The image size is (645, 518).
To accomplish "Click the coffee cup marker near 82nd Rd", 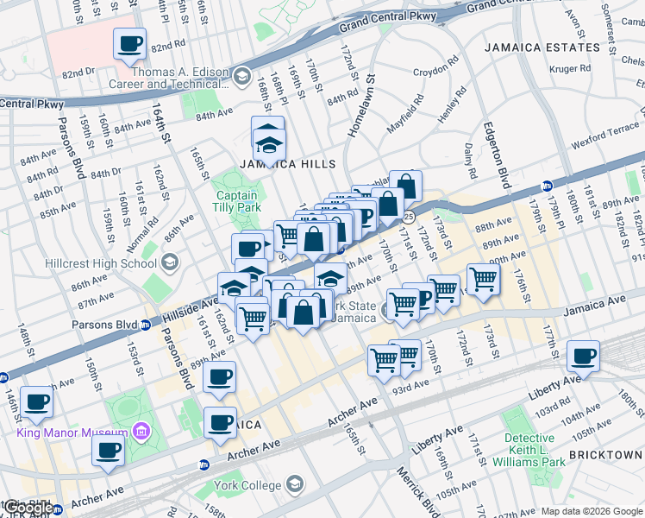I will [130, 44].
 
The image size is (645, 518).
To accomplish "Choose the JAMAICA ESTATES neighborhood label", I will [542, 47].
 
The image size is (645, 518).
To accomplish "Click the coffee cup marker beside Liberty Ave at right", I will [583, 357].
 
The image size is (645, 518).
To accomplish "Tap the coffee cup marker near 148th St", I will [37, 402].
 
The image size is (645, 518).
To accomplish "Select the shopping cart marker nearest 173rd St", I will [483, 279].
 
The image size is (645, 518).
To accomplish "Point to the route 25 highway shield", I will [409, 216].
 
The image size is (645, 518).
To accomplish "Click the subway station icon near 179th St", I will [546, 186].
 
